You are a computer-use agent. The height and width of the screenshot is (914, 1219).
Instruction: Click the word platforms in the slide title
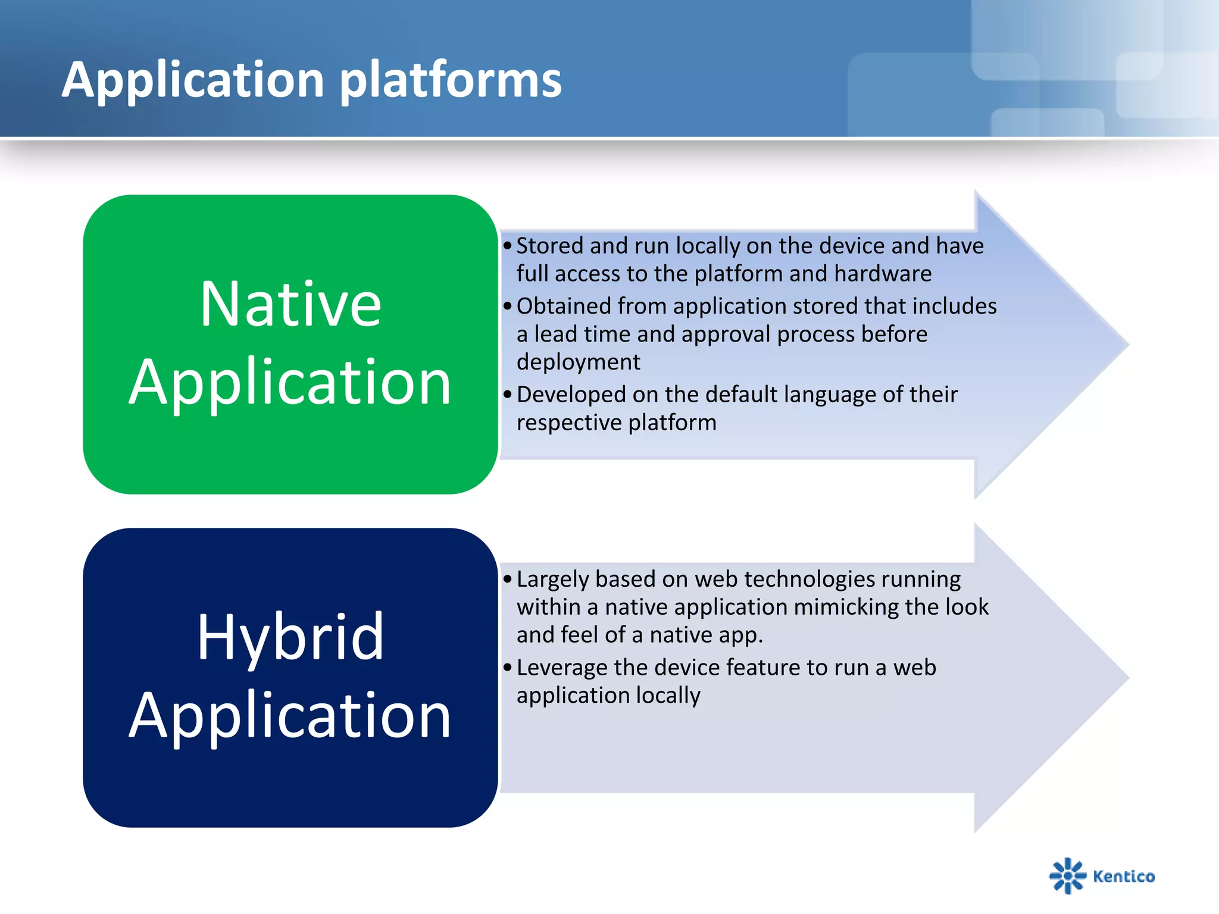pyautogui.click(x=451, y=80)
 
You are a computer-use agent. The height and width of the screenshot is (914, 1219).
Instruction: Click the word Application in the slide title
pyautogui.click(x=193, y=80)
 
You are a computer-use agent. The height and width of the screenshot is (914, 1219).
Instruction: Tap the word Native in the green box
pyautogui.click(x=290, y=304)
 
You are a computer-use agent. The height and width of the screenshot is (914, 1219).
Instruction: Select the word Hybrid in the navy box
pyautogui.click(x=290, y=638)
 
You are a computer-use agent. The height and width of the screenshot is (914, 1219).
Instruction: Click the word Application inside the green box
pyautogui.click(x=290, y=383)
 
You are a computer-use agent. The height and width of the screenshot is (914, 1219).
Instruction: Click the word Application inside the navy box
pyautogui.click(x=290, y=716)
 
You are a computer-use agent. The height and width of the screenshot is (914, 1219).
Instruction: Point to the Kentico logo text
pyautogui.click(x=1124, y=876)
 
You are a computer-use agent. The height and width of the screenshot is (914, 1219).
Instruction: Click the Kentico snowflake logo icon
pyautogui.click(x=1068, y=875)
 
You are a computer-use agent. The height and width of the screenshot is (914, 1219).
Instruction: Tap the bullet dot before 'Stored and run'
pyautogui.click(x=507, y=246)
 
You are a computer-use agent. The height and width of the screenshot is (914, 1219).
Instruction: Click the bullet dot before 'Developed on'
pyautogui.click(x=507, y=395)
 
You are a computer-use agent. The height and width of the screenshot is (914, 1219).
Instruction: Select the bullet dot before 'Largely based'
pyautogui.click(x=507, y=579)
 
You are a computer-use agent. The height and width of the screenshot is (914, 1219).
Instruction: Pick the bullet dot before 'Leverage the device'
pyautogui.click(x=507, y=668)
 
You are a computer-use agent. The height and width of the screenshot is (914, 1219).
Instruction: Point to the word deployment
pyautogui.click(x=578, y=362)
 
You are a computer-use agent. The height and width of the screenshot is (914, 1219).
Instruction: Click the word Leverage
pyautogui.click(x=562, y=668)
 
